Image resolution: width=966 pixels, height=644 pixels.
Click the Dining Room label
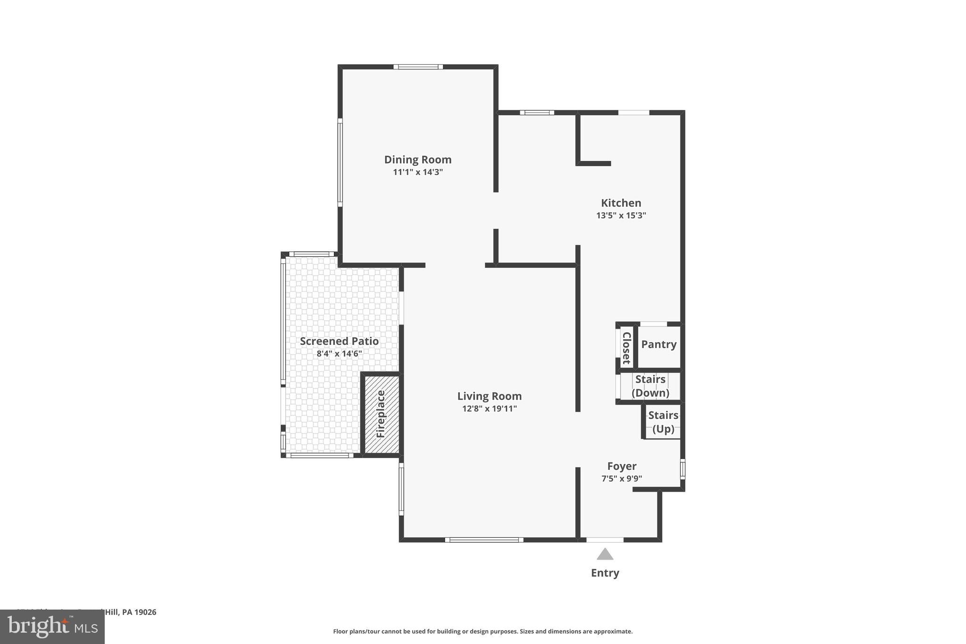pyautogui.click(x=417, y=159)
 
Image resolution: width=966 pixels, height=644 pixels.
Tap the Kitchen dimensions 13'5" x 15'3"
pyautogui.click(x=621, y=216)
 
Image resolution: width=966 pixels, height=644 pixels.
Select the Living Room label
pyautogui.click(x=489, y=396)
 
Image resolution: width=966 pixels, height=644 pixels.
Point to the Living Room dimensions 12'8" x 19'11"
pyautogui.click(x=489, y=409)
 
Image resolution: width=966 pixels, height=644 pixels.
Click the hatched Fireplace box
pyautogui.click(x=381, y=414)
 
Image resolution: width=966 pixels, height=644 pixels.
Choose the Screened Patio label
pyautogui.click(x=339, y=341)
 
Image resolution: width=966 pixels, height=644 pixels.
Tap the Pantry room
pyautogui.click(x=658, y=344)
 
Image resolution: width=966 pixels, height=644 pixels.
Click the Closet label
pyautogui.click(x=626, y=348)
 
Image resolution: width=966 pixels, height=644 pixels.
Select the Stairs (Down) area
pyautogui.click(x=650, y=386)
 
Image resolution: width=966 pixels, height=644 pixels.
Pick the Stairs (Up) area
pyautogui.click(x=663, y=422)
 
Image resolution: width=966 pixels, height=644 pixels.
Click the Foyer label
pyautogui.click(x=622, y=466)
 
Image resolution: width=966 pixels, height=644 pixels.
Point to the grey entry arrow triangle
pyautogui.click(x=605, y=554)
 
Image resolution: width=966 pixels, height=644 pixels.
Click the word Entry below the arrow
pyautogui.click(x=605, y=573)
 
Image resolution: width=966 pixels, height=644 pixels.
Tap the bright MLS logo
pyautogui.click(x=52, y=627)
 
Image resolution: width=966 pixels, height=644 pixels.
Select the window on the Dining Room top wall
pyautogui.click(x=418, y=67)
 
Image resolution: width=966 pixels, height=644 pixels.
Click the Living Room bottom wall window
pyautogui.click(x=484, y=540)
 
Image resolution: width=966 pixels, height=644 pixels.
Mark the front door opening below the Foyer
pyautogui.click(x=605, y=540)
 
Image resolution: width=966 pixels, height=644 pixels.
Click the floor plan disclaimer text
pyautogui.click(x=483, y=631)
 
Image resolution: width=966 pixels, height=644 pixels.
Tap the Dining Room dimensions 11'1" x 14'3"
pyautogui.click(x=417, y=172)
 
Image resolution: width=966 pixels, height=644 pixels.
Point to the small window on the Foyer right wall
pyautogui.click(x=682, y=469)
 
